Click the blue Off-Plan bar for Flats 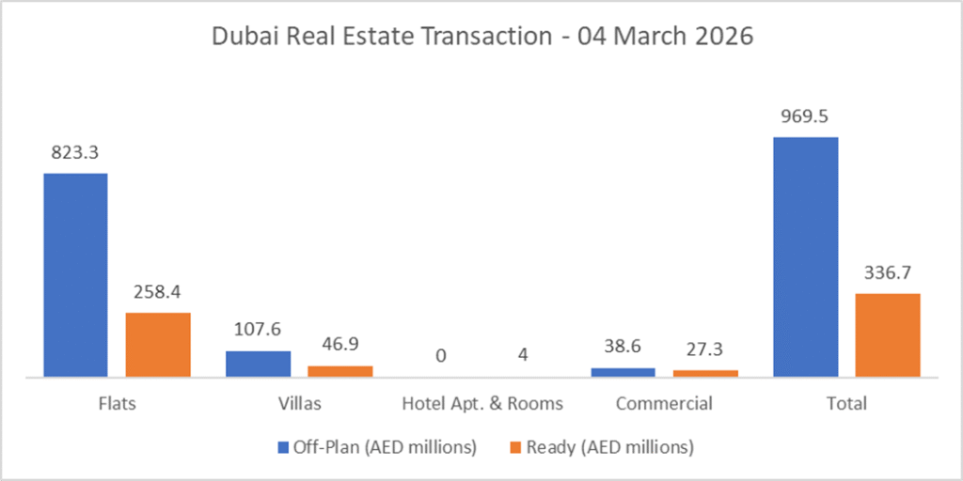click(75, 274)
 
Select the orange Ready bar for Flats click(158, 344)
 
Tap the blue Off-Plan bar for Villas click(258, 364)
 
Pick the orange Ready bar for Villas click(340, 371)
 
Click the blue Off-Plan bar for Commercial click(623, 372)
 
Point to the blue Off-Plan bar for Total click(805, 256)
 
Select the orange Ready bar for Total click(888, 334)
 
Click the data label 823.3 click(75, 153)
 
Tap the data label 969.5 click(805, 117)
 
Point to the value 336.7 click(888, 273)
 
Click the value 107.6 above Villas click(258, 331)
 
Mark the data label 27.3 click(705, 349)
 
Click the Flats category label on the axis click(117, 404)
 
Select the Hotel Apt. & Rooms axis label click(482, 404)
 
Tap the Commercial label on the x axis click(664, 404)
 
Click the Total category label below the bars click(846, 404)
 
